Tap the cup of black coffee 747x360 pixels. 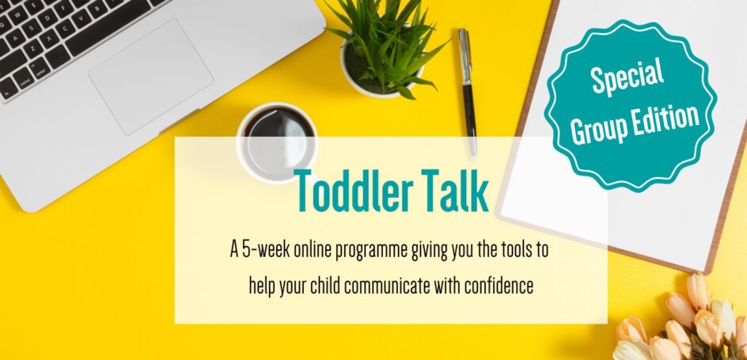click(277, 142)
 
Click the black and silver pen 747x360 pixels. click(468, 93)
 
